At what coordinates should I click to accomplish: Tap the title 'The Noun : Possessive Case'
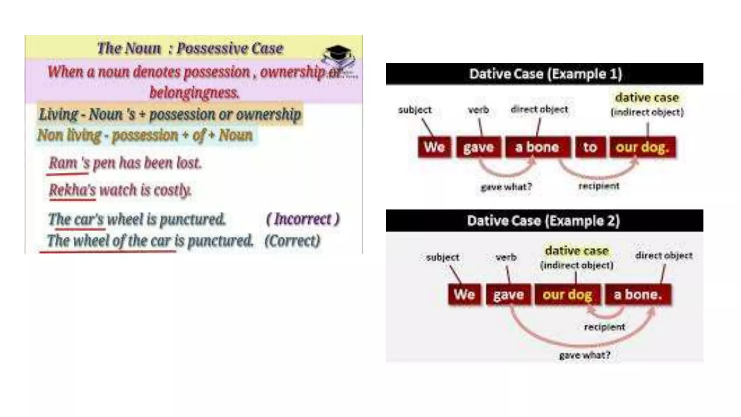pyautogui.click(x=190, y=49)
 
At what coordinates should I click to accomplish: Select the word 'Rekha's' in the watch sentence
pyautogui.click(x=72, y=190)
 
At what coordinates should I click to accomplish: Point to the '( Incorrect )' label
pyautogui.click(x=303, y=219)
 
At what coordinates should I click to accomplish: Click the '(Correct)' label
pyautogui.click(x=292, y=241)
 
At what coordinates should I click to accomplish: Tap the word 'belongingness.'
pyautogui.click(x=194, y=93)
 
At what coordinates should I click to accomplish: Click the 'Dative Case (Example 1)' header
pyautogui.click(x=545, y=74)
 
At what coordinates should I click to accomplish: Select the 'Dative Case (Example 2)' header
pyautogui.click(x=543, y=221)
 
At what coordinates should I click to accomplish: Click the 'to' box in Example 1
pyautogui.click(x=590, y=147)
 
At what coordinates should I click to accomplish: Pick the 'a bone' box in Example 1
pyautogui.click(x=537, y=147)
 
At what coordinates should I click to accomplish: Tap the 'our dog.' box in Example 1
pyautogui.click(x=642, y=147)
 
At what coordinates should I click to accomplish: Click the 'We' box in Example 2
pyautogui.click(x=464, y=295)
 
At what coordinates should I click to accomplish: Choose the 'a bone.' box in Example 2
pyautogui.click(x=638, y=295)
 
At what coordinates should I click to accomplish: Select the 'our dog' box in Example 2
pyautogui.click(x=567, y=295)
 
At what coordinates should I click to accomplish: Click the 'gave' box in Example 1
pyautogui.click(x=478, y=147)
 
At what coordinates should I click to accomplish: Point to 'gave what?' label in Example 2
pyautogui.click(x=585, y=355)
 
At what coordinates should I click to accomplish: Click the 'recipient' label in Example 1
pyautogui.click(x=599, y=186)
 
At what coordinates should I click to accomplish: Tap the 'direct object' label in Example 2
pyautogui.click(x=664, y=256)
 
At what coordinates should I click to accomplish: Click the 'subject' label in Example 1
pyautogui.click(x=415, y=110)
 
